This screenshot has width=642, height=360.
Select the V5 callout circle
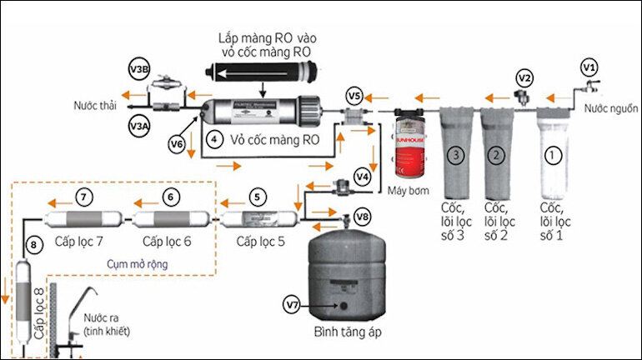point(354,94)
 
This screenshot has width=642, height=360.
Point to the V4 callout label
point(361,176)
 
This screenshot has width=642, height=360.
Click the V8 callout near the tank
point(362,217)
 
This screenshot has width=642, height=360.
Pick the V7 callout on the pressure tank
point(293,305)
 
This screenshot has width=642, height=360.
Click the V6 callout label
point(177,144)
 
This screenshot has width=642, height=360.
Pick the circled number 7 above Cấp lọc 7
point(83,197)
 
